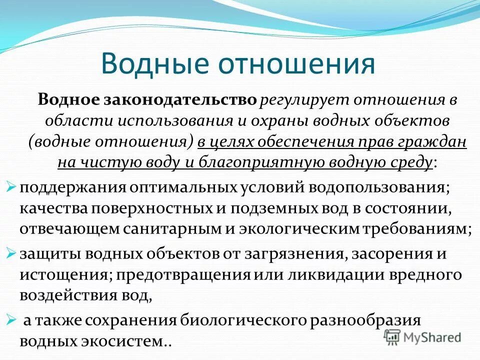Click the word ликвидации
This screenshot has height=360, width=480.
pos(331,274)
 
